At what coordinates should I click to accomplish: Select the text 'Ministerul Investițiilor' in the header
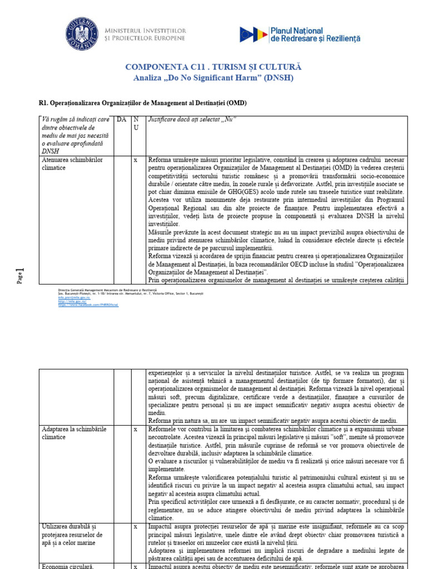147,29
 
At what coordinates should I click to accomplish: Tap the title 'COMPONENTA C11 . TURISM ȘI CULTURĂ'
213,67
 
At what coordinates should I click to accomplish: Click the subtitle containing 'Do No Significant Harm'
213,78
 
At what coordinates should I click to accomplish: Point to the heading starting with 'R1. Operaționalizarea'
143,103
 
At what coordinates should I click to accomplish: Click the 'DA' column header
121,119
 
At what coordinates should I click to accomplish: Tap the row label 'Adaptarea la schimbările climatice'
74,433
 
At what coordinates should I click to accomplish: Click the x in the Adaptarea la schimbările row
136,430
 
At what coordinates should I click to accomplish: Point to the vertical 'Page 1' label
20,275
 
